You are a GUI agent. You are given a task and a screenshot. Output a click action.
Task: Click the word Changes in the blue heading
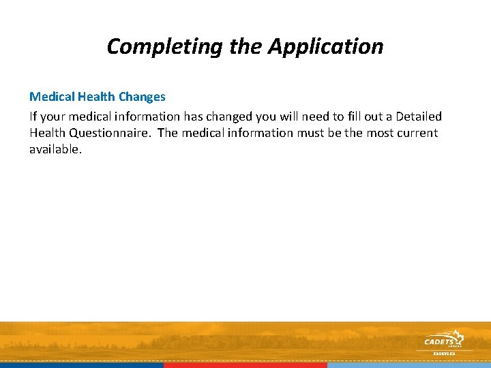(x=142, y=97)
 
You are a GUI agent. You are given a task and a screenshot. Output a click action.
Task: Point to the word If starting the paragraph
(x=33, y=117)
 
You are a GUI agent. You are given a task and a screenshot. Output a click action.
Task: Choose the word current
(x=416, y=133)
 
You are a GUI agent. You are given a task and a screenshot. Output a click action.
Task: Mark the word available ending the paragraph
(x=55, y=149)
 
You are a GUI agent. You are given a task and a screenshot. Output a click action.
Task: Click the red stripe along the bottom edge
(x=245, y=365)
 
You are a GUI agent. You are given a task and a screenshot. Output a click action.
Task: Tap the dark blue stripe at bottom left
(x=82, y=365)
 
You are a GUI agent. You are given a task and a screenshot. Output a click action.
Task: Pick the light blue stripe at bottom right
(x=409, y=365)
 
